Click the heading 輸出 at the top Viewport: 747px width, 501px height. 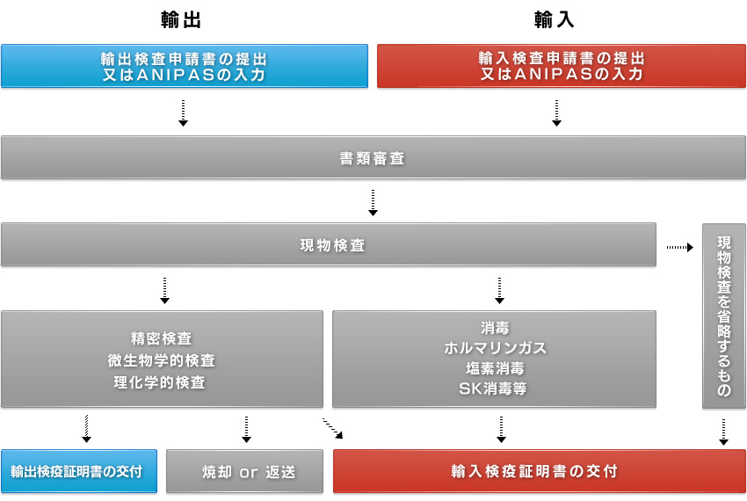(181, 20)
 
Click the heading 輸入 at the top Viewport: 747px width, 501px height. (554, 20)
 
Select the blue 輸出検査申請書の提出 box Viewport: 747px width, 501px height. (185, 66)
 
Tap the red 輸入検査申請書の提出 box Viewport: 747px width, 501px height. (562, 66)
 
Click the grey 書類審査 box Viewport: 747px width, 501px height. (373, 158)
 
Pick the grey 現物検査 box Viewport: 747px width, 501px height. (329, 245)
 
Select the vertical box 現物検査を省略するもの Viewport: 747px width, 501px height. (723, 316)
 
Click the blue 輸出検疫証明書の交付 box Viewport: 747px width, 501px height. (78, 471)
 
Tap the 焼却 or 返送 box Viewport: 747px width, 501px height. (244, 471)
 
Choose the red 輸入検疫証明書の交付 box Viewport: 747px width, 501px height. (540, 471)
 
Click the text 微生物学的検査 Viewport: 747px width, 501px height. (161, 361)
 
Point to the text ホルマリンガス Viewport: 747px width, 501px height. (495, 348)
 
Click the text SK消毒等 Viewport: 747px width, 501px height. (493, 389)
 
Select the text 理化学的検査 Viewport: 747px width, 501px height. (159, 382)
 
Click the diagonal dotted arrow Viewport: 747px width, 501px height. (332, 428)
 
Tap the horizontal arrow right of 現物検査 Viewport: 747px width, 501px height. (680, 247)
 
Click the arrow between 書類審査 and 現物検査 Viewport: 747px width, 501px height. (373, 203)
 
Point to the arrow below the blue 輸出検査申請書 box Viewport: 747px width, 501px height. (183, 113)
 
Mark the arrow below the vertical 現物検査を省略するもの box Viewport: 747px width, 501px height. (723, 432)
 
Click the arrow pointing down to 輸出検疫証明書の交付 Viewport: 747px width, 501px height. (86, 429)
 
